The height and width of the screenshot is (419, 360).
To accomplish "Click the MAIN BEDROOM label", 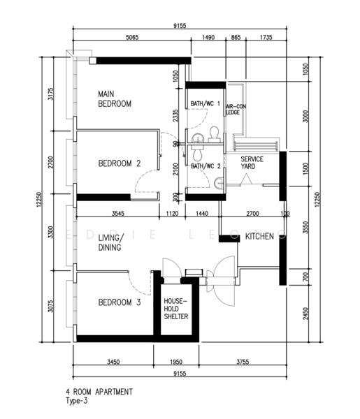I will (x=115, y=98).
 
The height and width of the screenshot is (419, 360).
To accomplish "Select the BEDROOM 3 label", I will (x=120, y=302).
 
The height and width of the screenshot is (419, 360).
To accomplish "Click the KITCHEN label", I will (x=258, y=238).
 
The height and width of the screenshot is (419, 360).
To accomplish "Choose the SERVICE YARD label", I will (x=252, y=163).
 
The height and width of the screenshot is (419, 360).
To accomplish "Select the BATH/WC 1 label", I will (x=206, y=104).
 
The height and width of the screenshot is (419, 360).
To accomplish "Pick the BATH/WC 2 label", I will (x=206, y=166).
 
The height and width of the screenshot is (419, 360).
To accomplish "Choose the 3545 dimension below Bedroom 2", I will (x=122, y=214).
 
